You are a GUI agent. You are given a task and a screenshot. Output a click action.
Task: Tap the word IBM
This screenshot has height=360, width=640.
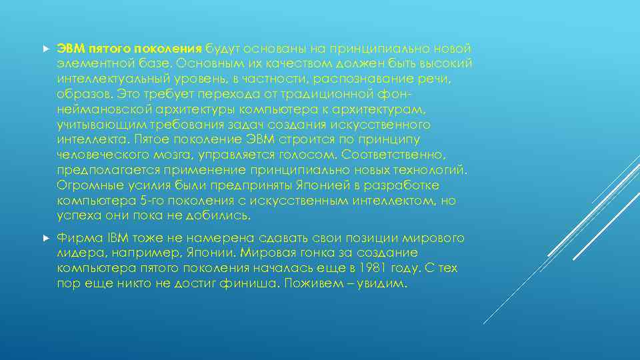(x=111, y=238)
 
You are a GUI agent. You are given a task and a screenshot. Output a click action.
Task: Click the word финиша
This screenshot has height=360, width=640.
(x=255, y=283)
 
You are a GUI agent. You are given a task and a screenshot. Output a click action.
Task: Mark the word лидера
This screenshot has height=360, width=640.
(x=77, y=253)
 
